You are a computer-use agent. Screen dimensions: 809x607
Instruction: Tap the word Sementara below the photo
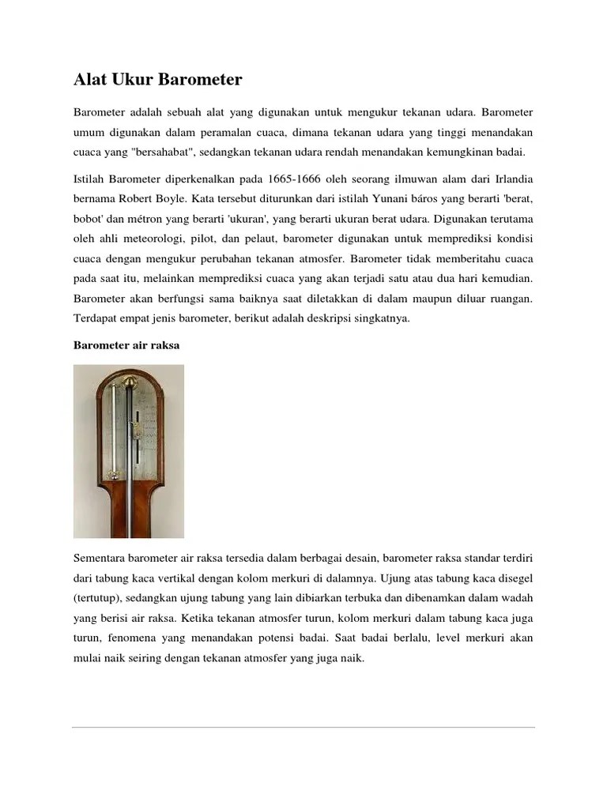100,559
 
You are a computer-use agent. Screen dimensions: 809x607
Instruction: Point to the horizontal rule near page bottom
303,727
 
